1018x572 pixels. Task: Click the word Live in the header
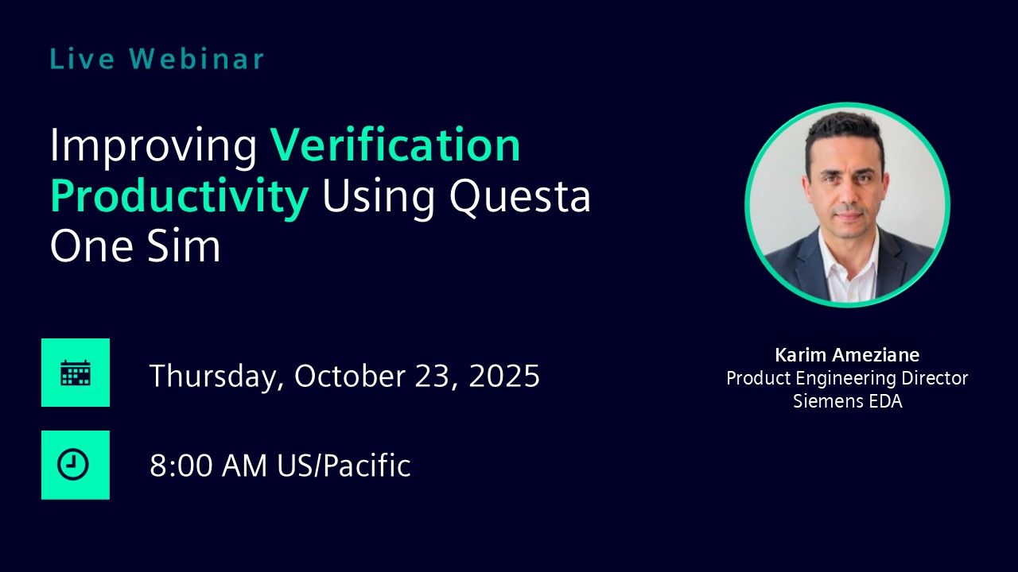click(x=82, y=59)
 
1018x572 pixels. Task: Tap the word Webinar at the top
click(x=196, y=59)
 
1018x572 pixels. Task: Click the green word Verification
click(x=395, y=145)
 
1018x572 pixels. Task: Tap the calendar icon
click(x=76, y=373)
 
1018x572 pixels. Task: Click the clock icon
click(x=73, y=465)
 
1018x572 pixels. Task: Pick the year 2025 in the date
click(x=504, y=376)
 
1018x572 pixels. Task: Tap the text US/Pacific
click(x=344, y=466)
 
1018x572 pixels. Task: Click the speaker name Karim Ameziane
click(x=847, y=355)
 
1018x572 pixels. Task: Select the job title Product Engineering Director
click(x=847, y=378)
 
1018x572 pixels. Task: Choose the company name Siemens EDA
click(x=848, y=401)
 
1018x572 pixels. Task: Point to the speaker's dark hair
click(x=845, y=131)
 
